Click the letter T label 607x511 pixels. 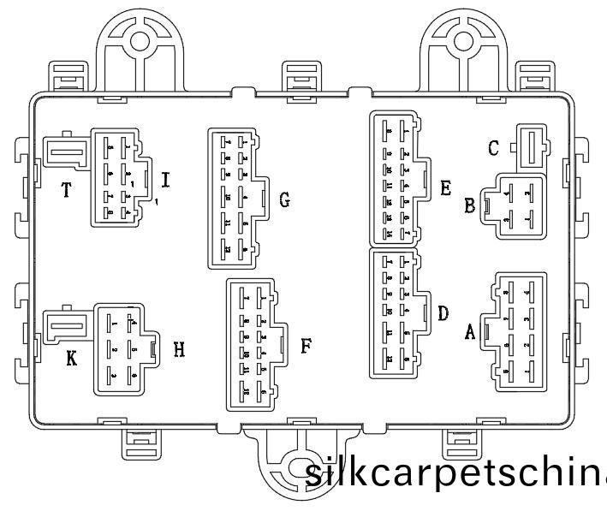(66, 189)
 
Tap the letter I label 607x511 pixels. (165, 180)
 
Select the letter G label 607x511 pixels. (284, 201)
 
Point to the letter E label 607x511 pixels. (445, 187)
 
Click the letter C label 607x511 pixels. (493, 148)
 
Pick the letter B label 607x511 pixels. (469, 205)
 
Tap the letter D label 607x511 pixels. (443, 313)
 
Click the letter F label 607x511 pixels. (306, 346)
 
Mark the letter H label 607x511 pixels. (179, 349)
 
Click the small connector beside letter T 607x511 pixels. (64, 154)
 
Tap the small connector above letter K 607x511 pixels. (66, 324)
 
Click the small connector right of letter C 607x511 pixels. (532, 147)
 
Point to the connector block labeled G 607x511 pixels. (235, 198)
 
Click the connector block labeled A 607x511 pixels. (516, 332)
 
